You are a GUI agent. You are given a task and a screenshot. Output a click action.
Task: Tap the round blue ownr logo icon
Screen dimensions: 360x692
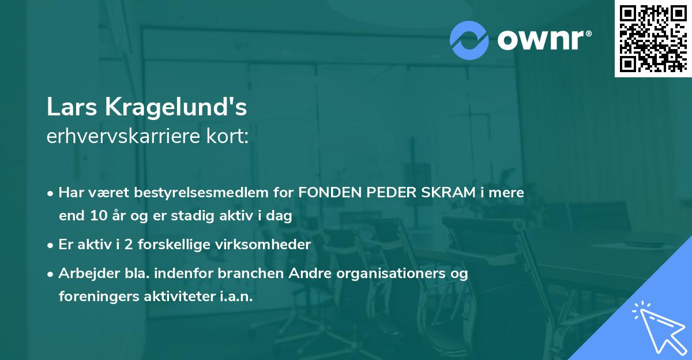coord(469,40)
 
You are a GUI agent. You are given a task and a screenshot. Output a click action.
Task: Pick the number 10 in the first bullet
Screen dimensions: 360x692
coord(95,216)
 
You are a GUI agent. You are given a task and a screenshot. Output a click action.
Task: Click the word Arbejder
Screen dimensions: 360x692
coord(85,273)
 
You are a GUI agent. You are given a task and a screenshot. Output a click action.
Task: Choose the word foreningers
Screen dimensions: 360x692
coord(93,297)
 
